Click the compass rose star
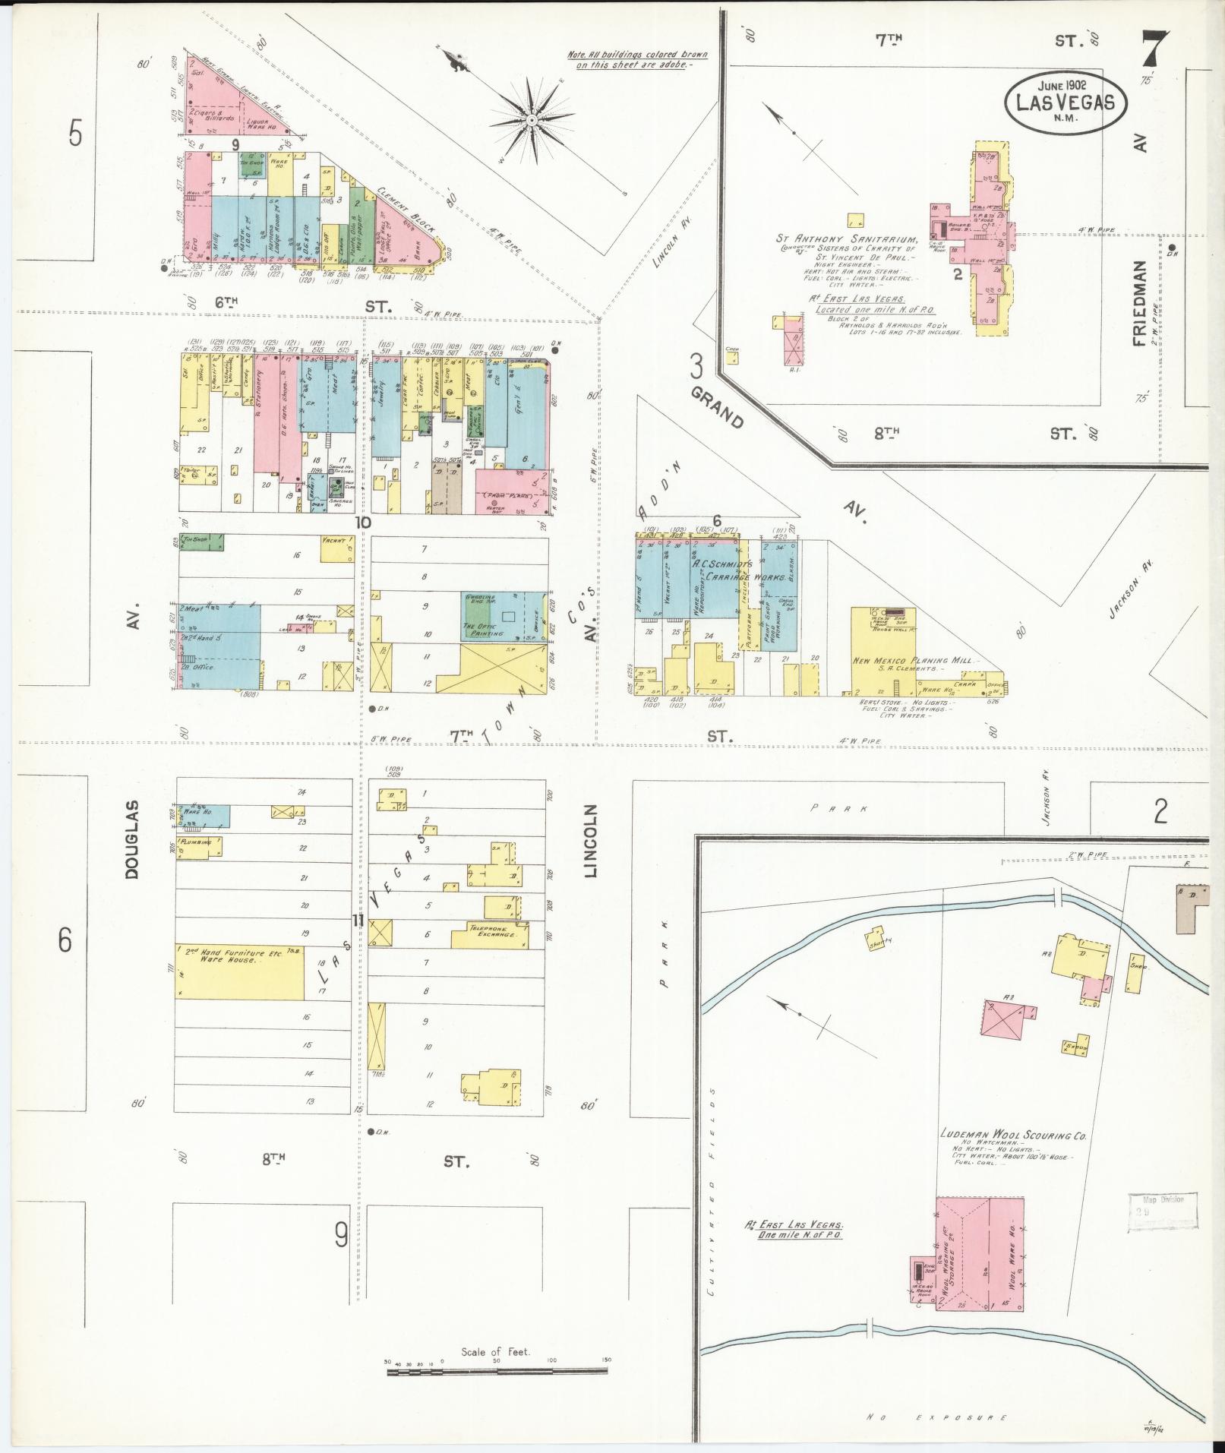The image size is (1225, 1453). pos(532,119)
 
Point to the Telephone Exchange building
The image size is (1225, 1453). pos(490,935)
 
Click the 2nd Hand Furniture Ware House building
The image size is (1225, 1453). pos(240,971)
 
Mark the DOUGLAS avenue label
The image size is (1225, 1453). pos(133,839)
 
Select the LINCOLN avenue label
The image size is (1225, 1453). pos(592,840)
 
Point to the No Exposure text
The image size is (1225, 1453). pos(938,1417)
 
